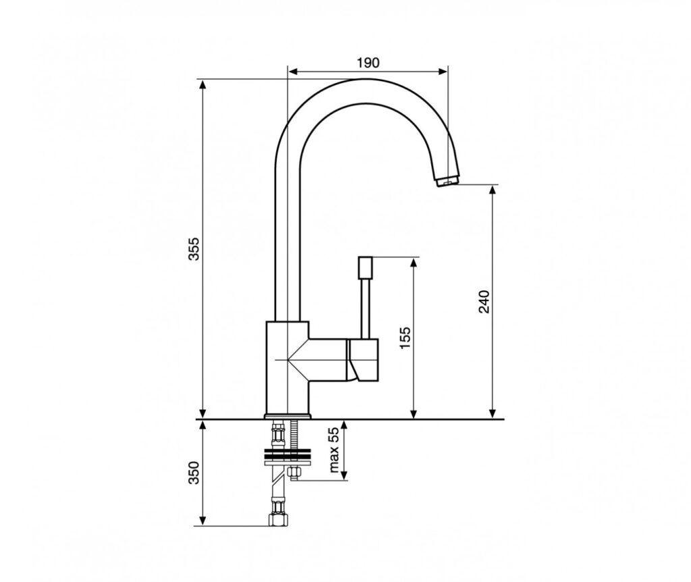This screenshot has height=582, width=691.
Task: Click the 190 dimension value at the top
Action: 368,63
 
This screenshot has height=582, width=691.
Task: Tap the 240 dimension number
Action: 484,301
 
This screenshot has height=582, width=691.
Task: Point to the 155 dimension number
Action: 405,338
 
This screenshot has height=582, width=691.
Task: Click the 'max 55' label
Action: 333,450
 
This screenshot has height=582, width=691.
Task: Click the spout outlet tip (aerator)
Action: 447,180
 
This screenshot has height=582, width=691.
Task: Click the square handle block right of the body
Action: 364,361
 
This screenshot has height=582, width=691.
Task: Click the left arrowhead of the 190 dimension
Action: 292,70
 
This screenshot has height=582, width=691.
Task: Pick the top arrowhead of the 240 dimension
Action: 493,189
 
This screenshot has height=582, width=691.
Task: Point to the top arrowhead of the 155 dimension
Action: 413,261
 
